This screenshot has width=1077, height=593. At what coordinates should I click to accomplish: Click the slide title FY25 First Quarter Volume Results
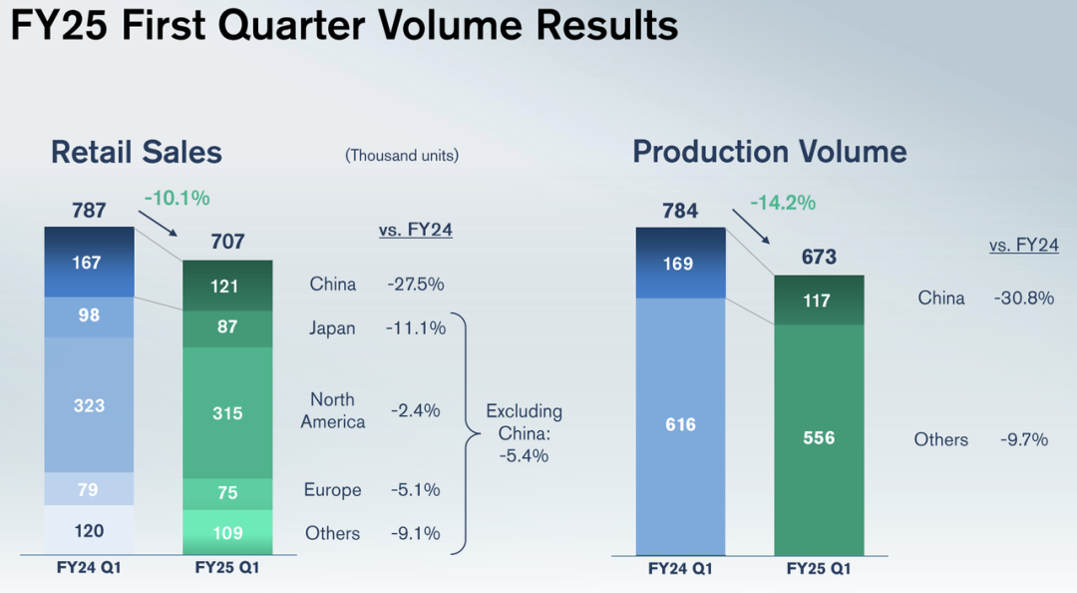pos(344,26)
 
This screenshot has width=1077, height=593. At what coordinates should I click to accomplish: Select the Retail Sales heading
pos(137,152)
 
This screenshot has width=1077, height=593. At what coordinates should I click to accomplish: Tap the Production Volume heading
pos(770,152)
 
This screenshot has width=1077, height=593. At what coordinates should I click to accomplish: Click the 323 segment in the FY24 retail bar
pos(89,405)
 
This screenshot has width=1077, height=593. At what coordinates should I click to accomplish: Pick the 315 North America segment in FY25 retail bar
pos(227,412)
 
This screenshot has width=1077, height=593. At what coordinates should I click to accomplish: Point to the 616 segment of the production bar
pos(680,424)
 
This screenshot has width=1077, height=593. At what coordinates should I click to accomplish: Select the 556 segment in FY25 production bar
pos(818,438)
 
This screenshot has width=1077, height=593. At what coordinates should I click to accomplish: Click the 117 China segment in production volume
pos(818,299)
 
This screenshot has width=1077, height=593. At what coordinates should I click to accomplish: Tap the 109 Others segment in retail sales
pos(227,532)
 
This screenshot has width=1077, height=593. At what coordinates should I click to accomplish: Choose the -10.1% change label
pos(177,199)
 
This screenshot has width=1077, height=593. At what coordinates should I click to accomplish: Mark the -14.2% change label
pos(783,203)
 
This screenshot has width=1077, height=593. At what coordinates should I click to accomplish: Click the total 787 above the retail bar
pos(89,211)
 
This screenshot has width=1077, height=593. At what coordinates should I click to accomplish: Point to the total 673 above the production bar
pos(818,258)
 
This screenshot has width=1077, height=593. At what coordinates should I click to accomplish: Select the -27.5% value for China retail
pos(416,285)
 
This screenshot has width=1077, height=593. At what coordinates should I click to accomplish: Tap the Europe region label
pos(333,490)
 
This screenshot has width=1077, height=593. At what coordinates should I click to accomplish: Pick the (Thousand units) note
pos(402,156)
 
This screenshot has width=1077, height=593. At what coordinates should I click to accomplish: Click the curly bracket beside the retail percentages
pos(461,432)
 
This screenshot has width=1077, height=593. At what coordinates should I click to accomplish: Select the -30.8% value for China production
pos(1024,298)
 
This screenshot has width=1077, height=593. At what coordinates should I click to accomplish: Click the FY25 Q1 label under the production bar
pos(818,570)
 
